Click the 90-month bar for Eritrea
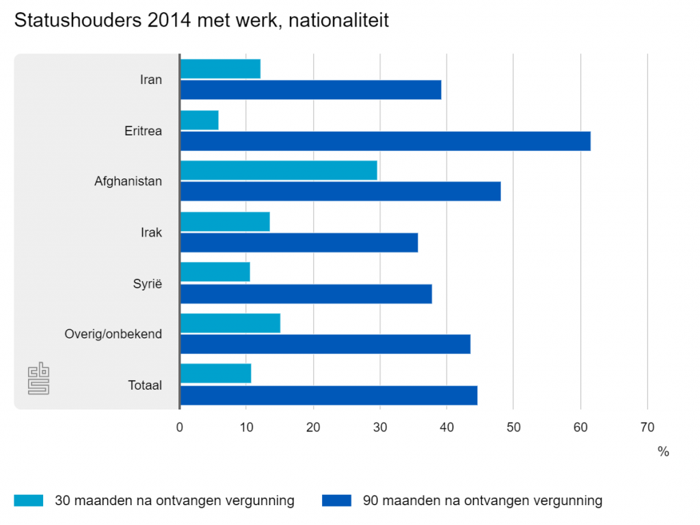(x=385, y=141)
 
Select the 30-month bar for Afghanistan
(x=278, y=170)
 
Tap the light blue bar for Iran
(x=220, y=69)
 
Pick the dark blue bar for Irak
(x=299, y=243)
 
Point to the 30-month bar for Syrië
(x=215, y=272)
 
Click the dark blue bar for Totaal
(x=328, y=396)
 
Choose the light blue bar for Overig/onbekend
(x=230, y=323)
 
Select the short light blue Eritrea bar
(x=199, y=120)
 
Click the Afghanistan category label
(x=128, y=181)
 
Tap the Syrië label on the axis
(x=148, y=283)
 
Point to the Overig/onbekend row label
(x=113, y=334)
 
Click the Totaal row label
(x=145, y=386)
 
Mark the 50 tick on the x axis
(x=513, y=428)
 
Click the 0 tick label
(x=180, y=428)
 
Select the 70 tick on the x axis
(x=647, y=428)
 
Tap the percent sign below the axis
(x=663, y=452)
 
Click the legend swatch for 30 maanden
(x=28, y=500)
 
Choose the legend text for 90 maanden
(x=483, y=500)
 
